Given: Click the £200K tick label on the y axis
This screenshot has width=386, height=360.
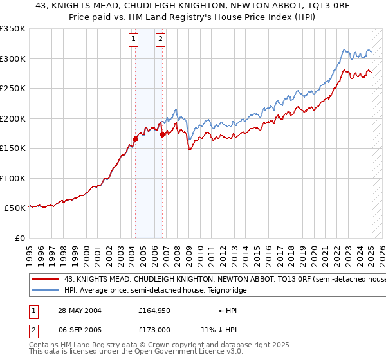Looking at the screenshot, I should (12, 118).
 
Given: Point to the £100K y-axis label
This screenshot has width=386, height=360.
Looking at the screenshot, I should (12, 178).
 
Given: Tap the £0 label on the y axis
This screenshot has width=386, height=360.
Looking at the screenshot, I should (19, 238).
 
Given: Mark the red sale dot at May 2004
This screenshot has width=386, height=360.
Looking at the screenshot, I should (136, 139).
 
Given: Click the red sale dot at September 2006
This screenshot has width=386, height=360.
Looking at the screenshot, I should (162, 134).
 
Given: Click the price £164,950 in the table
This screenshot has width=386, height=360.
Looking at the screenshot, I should (155, 310).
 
